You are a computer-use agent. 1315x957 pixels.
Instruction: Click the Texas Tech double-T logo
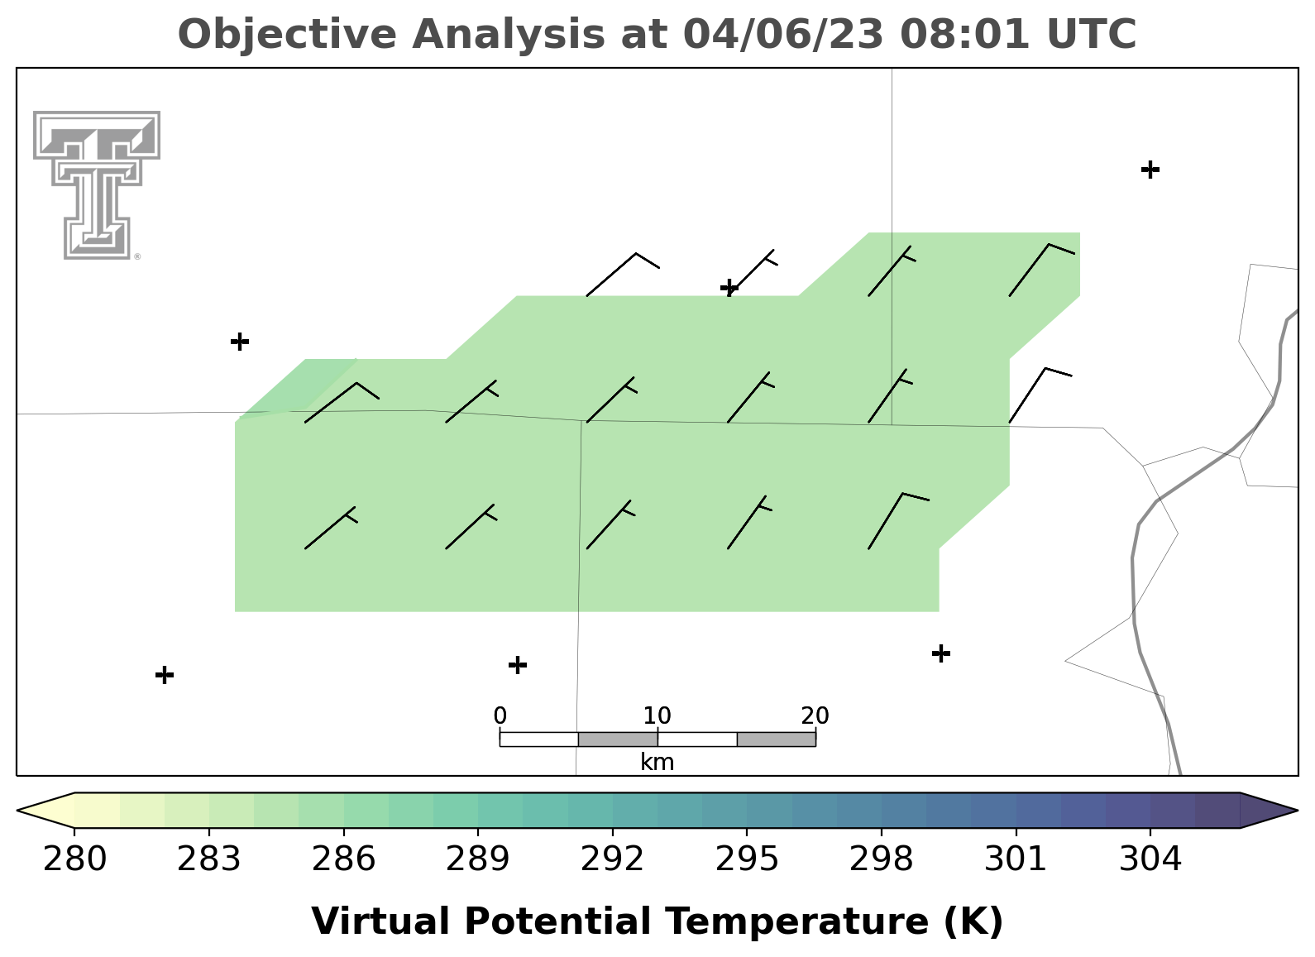[x=97, y=185]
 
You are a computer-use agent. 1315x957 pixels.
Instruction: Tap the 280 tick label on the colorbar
[x=74, y=859]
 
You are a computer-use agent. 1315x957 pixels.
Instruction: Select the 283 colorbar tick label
[x=209, y=859]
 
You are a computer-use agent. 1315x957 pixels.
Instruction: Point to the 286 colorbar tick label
[x=343, y=859]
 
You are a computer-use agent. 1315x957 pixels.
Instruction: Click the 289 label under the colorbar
[x=478, y=859]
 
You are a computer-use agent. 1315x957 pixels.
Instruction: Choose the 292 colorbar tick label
[x=612, y=859]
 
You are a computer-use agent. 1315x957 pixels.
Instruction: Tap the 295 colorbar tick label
[x=747, y=859]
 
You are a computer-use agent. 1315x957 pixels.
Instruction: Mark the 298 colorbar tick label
[x=881, y=859]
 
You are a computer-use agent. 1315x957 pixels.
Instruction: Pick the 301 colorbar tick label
[x=1016, y=859]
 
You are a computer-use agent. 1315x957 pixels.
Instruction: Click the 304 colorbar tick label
[x=1150, y=859]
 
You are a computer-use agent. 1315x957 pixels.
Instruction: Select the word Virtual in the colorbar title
[x=380, y=921]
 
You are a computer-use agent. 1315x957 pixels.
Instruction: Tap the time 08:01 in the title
[x=964, y=34]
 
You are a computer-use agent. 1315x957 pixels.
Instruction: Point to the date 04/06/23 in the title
[x=783, y=35]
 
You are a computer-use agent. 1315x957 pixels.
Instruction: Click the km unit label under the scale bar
[x=657, y=763]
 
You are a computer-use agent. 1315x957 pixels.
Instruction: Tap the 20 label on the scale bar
[x=815, y=715]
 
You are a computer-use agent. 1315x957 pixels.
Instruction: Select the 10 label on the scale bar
[x=657, y=715]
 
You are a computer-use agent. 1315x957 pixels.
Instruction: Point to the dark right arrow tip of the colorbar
[x=1296, y=811]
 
